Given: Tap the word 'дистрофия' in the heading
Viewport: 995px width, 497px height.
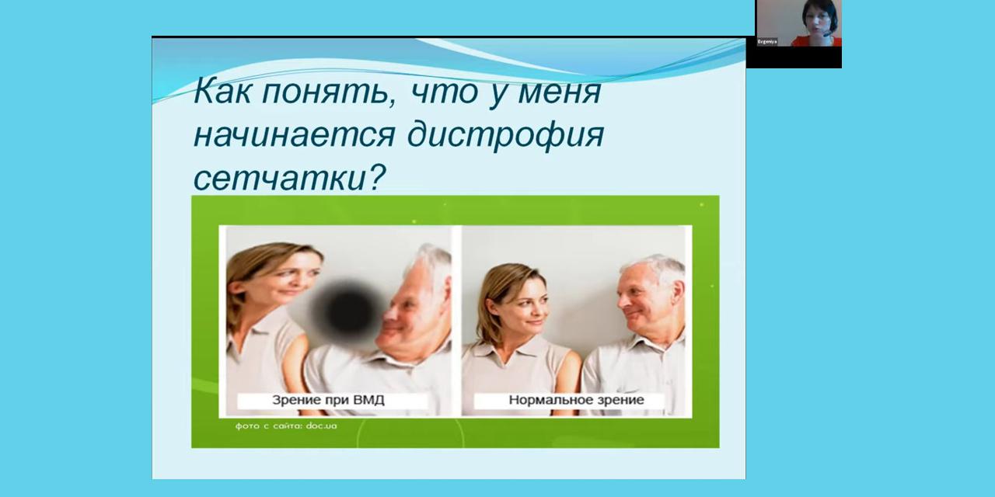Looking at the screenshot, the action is coord(505,135).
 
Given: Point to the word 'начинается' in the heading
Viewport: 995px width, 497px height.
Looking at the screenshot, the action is coord(294,135).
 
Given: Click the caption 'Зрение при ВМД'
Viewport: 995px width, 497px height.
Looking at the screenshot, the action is coord(328,400).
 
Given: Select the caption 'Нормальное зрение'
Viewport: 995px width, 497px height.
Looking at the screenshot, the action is coord(576,400).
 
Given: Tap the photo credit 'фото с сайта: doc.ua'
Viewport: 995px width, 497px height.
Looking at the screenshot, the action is coord(286,426).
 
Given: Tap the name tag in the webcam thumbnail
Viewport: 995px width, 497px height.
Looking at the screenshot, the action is coord(767,42).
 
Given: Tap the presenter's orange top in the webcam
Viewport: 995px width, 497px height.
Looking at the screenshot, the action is coord(816,41).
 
